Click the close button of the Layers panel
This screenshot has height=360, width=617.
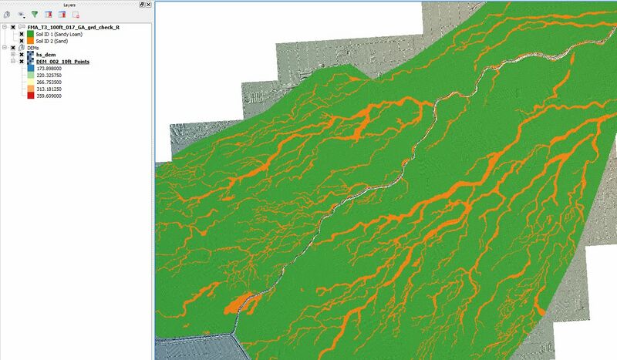tap(147, 5)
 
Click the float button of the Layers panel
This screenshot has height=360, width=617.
tap(140, 5)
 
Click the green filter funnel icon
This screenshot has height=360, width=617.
tap(35, 15)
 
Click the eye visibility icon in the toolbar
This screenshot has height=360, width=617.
tap(21, 15)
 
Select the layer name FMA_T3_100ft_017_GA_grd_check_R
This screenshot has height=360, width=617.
tap(73, 27)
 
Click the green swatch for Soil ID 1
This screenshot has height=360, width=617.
tap(30, 34)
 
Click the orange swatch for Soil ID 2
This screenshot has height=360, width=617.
tap(30, 41)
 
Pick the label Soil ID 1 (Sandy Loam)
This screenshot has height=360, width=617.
tap(59, 34)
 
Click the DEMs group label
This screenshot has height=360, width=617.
tap(33, 48)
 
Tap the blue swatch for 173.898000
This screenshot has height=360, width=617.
tap(30, 69)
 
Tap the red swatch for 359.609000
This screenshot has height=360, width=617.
tap(30, 96)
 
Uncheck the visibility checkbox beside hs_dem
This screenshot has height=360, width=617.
tap(22, 55)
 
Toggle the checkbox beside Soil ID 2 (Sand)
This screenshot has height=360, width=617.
tap(22, 41)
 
